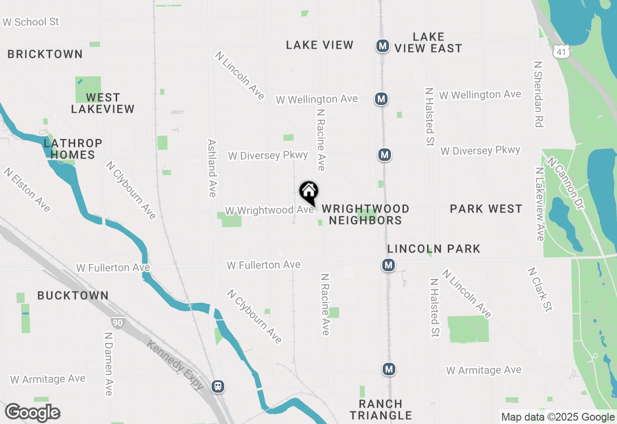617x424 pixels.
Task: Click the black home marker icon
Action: (308, 192)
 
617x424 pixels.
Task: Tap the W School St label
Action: (30, 22)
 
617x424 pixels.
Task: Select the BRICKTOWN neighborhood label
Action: (45, 54)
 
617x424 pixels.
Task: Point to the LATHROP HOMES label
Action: (73, 149)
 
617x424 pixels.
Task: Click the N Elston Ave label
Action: (27, 190)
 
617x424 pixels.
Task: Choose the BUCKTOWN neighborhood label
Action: (73, 295)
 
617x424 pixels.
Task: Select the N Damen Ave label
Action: (108, 364)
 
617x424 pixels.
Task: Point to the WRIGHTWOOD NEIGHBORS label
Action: (365, 214)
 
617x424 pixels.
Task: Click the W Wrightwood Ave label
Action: (269, 211)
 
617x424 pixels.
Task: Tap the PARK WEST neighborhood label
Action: (486, 209)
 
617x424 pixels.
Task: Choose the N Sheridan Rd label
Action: (539, 94)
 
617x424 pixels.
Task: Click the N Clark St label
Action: (540, 290)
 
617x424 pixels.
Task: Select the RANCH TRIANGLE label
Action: (381, 410)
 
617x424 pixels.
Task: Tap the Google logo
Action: (32, 413)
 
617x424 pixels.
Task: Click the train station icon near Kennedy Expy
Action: (218, 386)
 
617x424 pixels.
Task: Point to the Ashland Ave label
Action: (212, 168)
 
